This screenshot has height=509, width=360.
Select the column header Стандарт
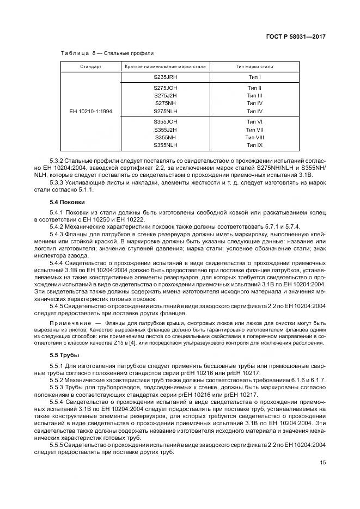pyautogui.click(x=90, y=67)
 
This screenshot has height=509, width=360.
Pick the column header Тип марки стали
pyautogui.click(x=254, y=67)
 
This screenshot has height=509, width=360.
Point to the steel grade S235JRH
pyautogui.click(x=166, y=77)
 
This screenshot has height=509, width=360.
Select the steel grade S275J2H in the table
pyautogui.click(x=166, y=95)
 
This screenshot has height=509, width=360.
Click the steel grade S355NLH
pyautogui.click(x=166, y=145)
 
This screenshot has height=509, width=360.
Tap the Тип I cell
pyautogui.click(x=254, y=77)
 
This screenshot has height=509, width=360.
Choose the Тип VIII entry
pyautogui.click(x=254, y=138)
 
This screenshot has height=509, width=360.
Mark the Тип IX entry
pyautogui.click(x=254, y=145)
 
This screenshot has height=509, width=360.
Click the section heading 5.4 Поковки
pyautogui.click(x=67, y=203)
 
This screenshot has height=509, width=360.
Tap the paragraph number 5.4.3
pyautogui.click(x=58, y=234)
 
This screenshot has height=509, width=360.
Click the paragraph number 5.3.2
pyautogui.click(x=58, y=162)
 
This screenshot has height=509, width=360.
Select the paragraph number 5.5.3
pyautogui.click(x=58, y=387)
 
